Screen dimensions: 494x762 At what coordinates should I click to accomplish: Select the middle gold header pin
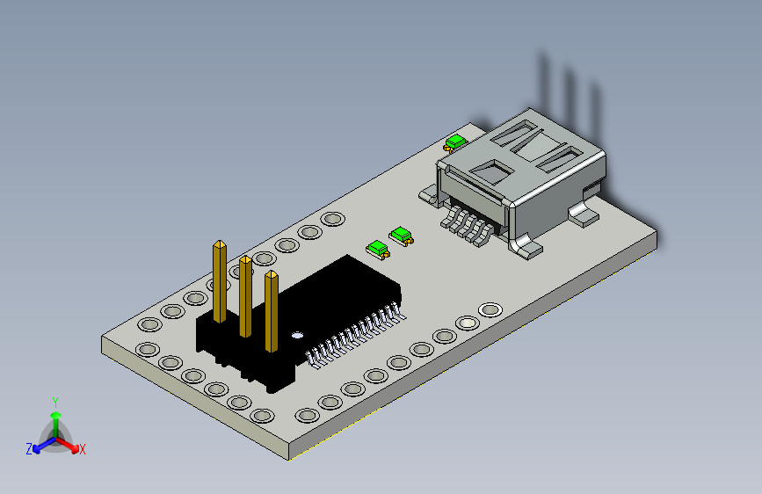pos(245,294)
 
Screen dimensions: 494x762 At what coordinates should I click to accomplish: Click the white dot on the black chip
pos(297,334)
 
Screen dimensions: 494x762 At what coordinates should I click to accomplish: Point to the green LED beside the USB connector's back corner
pos(454,142)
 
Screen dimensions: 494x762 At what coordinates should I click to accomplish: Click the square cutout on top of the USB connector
pos(496,169)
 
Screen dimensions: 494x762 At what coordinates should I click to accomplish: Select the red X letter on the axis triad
pos(83,449)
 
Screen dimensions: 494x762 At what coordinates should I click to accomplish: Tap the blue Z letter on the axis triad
pos(29,448)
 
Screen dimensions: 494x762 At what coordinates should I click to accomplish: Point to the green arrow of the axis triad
pos(55,418)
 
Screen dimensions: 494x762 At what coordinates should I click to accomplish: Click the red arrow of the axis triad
pos(70,443)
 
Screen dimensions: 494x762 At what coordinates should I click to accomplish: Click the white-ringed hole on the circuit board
pos(490,309)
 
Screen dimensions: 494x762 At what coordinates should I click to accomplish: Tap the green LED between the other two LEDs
pos(402,234)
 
